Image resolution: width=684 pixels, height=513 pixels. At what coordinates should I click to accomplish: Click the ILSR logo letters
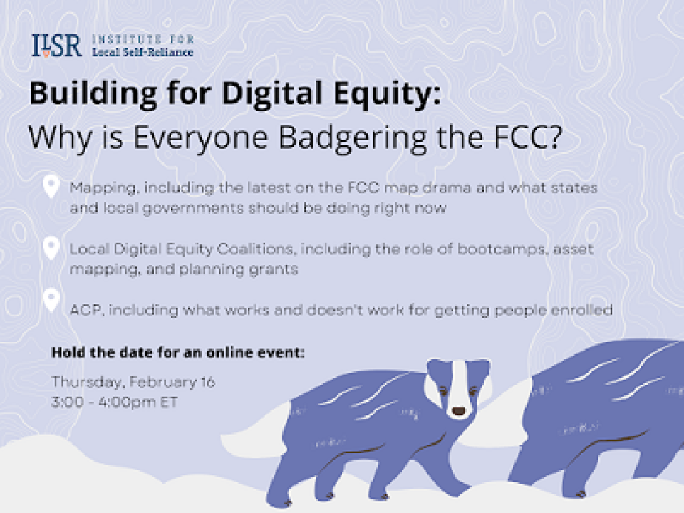pos(56,46)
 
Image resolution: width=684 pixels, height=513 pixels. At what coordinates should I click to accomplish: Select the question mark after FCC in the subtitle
pos(553,137)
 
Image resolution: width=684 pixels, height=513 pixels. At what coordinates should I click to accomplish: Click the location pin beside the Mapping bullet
pos(51,186)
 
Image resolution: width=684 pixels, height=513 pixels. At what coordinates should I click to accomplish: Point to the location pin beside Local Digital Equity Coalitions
pos(51,248)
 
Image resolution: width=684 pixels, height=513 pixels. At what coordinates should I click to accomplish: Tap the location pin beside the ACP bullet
pos(51,300)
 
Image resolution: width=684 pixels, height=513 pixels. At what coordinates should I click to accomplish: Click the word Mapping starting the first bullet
pos(104,188)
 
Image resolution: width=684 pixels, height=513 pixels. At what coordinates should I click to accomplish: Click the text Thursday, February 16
pos(133,382)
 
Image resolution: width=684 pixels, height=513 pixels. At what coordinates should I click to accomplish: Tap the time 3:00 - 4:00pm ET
pos(115,402)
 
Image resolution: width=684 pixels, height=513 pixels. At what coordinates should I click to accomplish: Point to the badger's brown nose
pos(458,410)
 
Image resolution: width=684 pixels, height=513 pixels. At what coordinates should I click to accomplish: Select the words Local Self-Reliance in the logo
pos(142,52)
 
